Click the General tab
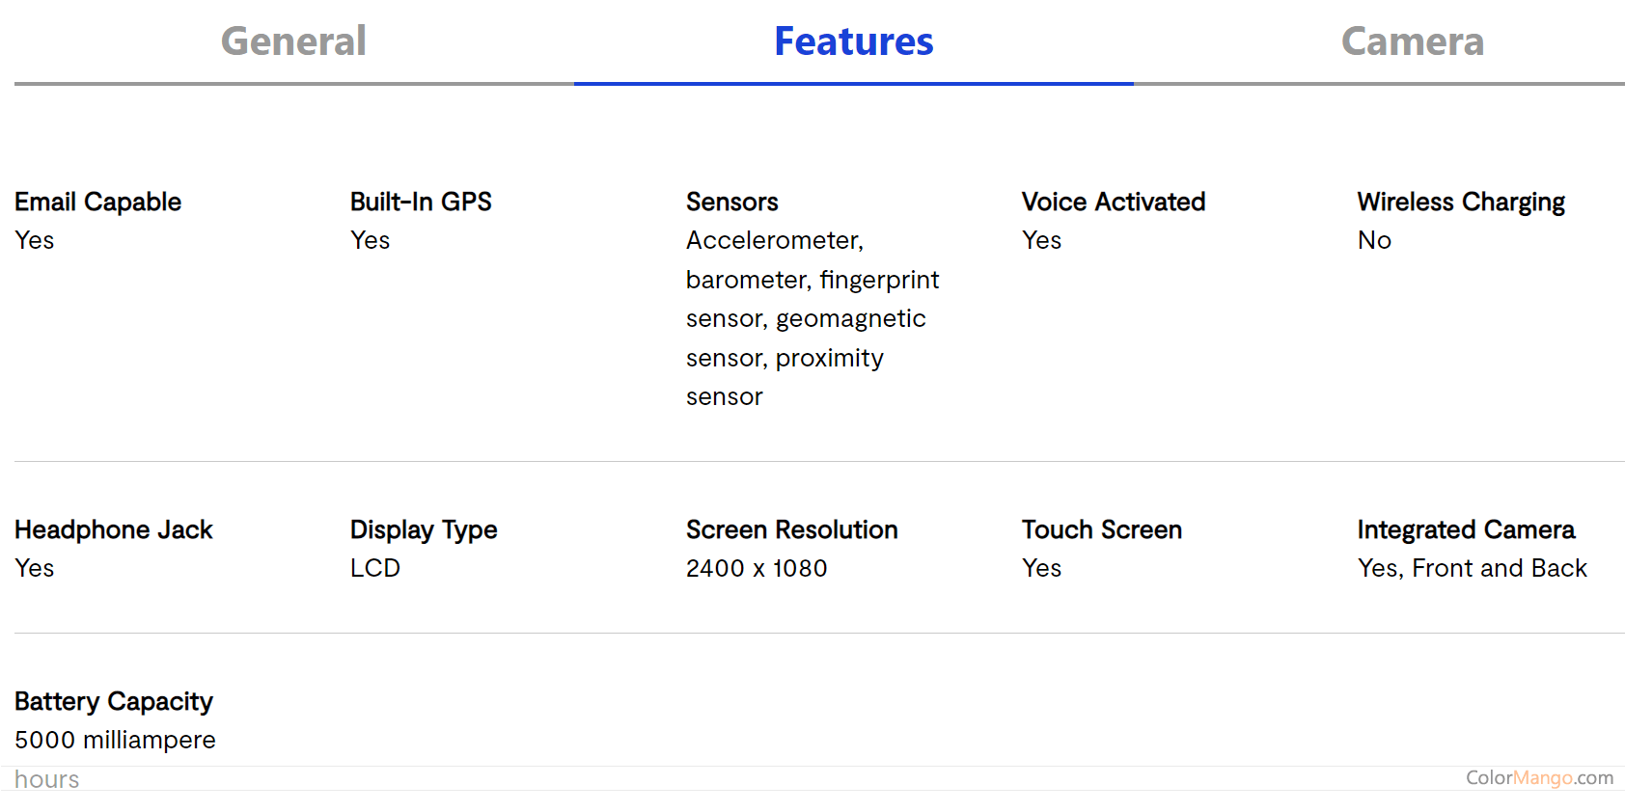click(x=293, y=41)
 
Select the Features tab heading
click(x=854, y=41)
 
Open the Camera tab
click(x=1413, y=41)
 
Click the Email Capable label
click(x=97, y=203)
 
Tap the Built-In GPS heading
click(x=421, y=202)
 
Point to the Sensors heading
click(x=732, y=202)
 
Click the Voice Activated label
click(x=1114, y=202)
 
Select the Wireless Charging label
click(x=1461, y=203)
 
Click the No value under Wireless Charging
click(x=1375, y=240)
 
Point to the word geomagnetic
click(x=851, y=319)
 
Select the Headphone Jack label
click(x=114, y=530)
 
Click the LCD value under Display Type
click(x=375, y=568)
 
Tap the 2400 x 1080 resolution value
click(x=757, y=568)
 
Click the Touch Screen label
click(x=1102, y=530)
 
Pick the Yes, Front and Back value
click(x=1472, y=568)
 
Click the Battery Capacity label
click(x=114, y=702)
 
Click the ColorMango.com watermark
click(x=1539, y=778)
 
